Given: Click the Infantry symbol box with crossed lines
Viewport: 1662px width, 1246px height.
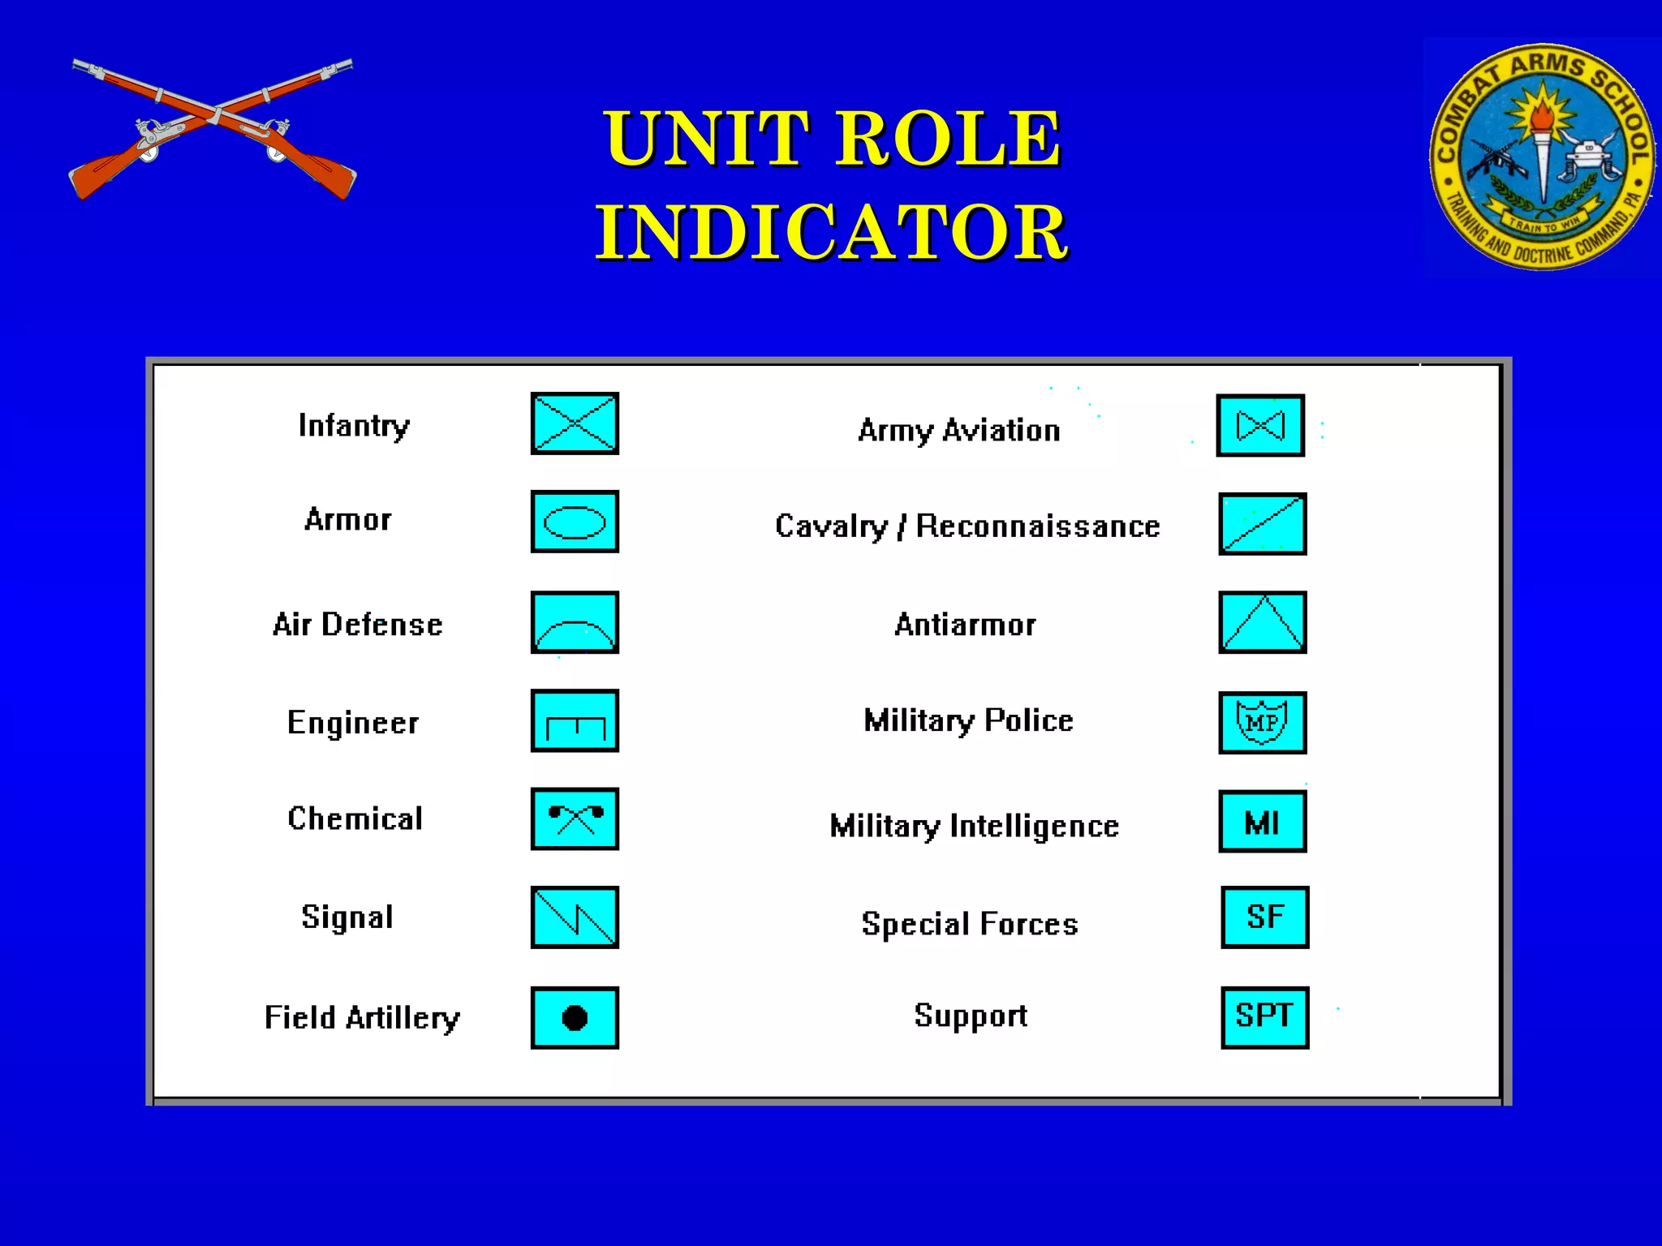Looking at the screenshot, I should point(575,423).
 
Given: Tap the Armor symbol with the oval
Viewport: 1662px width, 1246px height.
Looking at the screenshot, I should point(575,522).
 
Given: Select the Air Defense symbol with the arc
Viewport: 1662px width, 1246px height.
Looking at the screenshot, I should point(575,622).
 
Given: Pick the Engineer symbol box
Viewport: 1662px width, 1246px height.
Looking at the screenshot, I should point(575,720).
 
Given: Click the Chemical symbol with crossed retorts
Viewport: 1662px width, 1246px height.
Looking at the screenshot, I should point(575,818).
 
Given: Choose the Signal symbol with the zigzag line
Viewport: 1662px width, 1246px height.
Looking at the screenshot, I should point(575,917).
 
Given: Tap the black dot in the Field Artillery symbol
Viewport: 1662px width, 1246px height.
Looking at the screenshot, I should point(575,1017).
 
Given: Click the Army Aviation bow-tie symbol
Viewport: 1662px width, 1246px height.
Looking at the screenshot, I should point(1260,425).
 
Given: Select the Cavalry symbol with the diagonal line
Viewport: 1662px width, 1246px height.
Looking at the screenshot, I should point(1263,524).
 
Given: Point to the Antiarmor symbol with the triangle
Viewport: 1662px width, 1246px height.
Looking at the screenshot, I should point(1263,622).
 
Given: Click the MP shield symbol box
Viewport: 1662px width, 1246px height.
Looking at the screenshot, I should point(1263,722).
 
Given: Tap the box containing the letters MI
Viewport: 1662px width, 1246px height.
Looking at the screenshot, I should point(1263,823).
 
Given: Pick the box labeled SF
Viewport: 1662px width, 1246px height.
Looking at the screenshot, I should point(1265,917).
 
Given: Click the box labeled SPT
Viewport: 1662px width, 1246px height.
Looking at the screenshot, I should point(1265,1017).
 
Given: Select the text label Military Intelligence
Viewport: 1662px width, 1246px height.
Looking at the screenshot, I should point(974,826).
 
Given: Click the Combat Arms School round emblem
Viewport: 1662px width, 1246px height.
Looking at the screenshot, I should point(1542,157).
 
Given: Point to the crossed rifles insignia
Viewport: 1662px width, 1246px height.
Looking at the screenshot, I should point(213,128).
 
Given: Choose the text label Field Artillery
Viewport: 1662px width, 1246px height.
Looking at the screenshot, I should point(362,1017).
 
